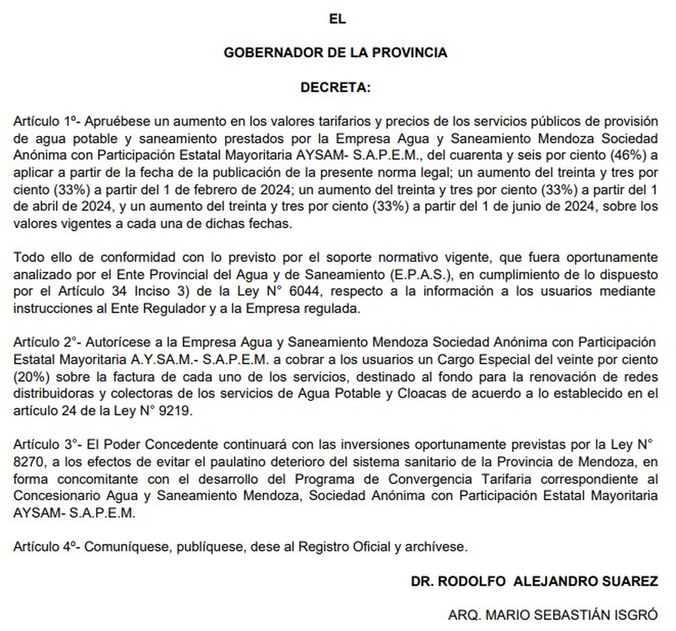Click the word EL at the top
point(337,19)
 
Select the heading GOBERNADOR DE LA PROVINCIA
point(336,53)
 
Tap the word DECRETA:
point(336,88)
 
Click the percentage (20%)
point(30,376)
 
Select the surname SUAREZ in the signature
point(626,581)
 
